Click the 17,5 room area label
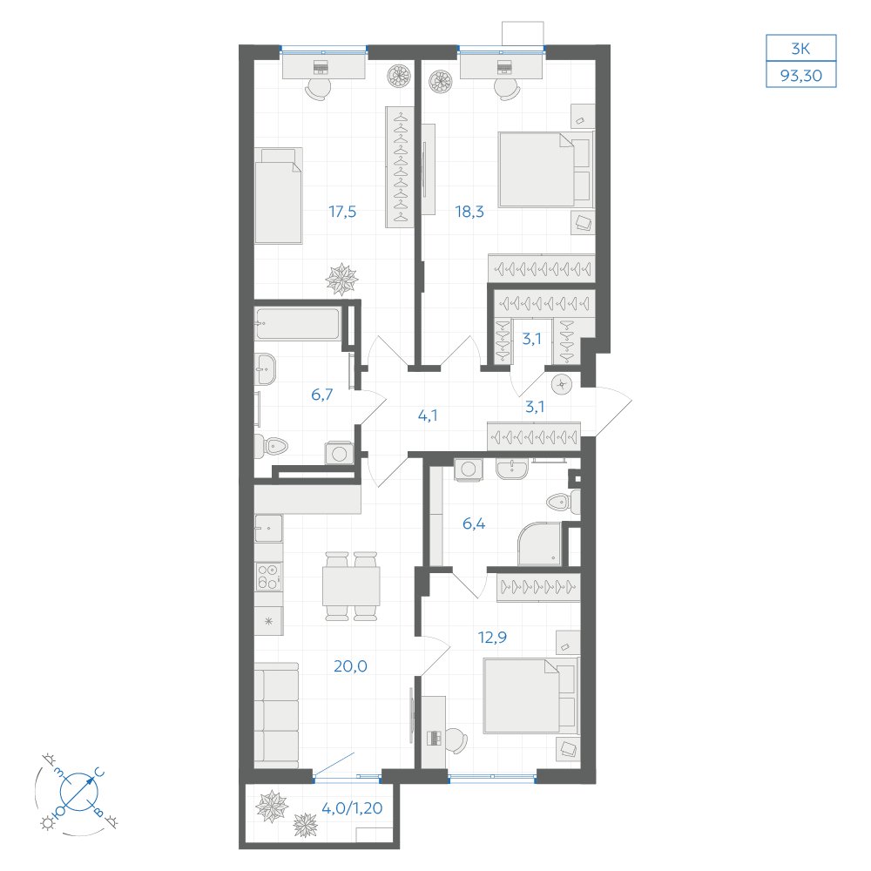342,212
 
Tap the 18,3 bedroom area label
469,212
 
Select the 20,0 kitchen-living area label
350,665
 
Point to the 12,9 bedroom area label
492,638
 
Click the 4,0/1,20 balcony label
352,807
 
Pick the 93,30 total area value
801,75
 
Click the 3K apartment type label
801,49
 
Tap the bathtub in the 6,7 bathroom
297,323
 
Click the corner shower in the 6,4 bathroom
540,544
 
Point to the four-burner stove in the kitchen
269,577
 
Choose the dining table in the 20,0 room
351,586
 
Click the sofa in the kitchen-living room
277,714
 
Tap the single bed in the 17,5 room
279,195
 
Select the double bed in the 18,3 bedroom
544,170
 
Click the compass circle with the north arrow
79,791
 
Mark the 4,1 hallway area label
427,415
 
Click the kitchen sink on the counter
269,528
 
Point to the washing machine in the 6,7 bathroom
339,453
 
